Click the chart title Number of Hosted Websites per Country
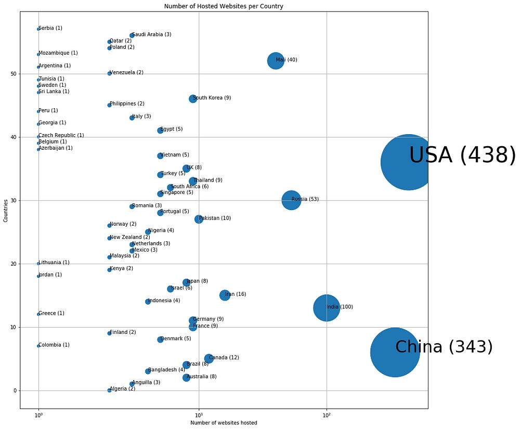coord(224,6)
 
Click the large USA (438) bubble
coord(408,162)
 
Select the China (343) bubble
coord(395,352)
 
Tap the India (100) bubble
coord(327,307)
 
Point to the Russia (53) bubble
coord(291,200)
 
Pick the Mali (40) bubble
coord(276,60)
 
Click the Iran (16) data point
coord(225,295)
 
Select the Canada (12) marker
coord(209,358)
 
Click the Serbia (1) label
coord(50,28)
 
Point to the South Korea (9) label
coord(212,98)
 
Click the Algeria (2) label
coord(122,389)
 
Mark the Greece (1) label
coord(51,313)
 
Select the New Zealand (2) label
coord(129,237)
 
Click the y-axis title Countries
coord(6,210)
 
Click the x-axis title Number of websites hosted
coord(224,423)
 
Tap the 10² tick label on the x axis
coord(327,414)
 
